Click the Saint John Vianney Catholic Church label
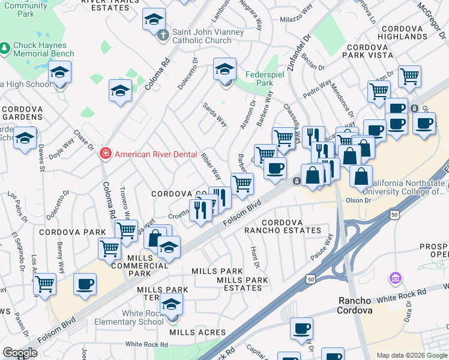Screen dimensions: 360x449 [208, 36]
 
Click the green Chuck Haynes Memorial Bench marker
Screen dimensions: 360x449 [5, 46]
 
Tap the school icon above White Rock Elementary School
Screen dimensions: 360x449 [172, 304]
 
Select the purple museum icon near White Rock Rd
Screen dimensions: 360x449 [395, 279]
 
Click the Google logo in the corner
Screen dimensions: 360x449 [20, 353]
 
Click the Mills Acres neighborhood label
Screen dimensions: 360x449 [197, 332]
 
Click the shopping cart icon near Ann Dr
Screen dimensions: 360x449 [409, 76]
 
